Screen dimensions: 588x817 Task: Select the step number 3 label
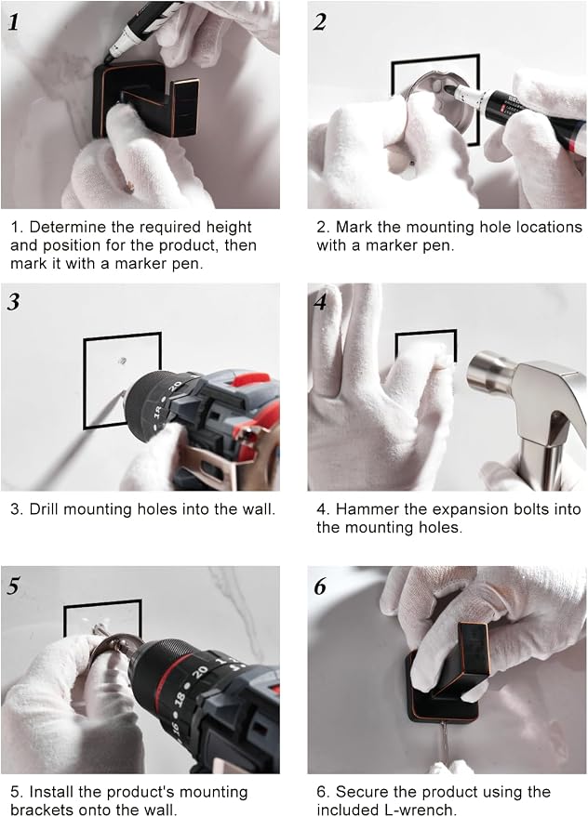14,302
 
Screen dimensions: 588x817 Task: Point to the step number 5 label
14,586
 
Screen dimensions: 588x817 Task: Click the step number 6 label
320,586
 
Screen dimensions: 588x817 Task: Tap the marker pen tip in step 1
108,57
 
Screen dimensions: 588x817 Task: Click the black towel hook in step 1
145,99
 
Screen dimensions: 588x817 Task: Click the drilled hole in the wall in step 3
122,361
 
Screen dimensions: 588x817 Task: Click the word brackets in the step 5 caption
41,810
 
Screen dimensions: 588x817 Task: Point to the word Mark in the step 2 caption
354,227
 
